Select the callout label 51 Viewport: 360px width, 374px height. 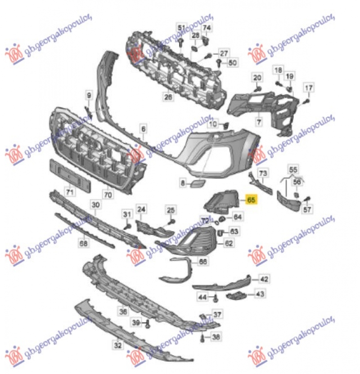pyautogui.click(x=181, y=28)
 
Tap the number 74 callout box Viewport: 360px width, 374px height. pyautogui.click(x=207, y=28)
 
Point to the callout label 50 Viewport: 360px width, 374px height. pyautogui.click(x=232, y=63)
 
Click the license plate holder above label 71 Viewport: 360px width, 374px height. pyautogui.click(x=69, y=174)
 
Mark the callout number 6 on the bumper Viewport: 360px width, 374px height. pyautogui.click(x=143, y=129)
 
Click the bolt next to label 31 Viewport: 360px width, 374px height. pyautogui.click(x=127, y=225)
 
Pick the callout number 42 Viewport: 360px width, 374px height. pyautogui.click(x=264, y=279)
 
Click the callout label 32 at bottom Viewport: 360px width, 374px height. pyautogui.click(x=117, y=345)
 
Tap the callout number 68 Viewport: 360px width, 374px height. pyautogui.click(x=84, y=243)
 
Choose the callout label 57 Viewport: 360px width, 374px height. pyautogui.click(x=307, y=209)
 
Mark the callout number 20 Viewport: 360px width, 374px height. pyautogui.click(x=256, y=78)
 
